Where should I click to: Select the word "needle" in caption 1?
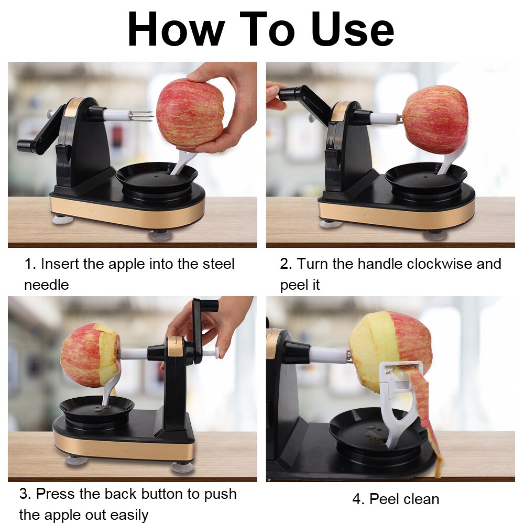coord(46,285)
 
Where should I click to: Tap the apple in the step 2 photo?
coord(434,120)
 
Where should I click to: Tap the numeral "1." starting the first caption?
coord(30,264)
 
